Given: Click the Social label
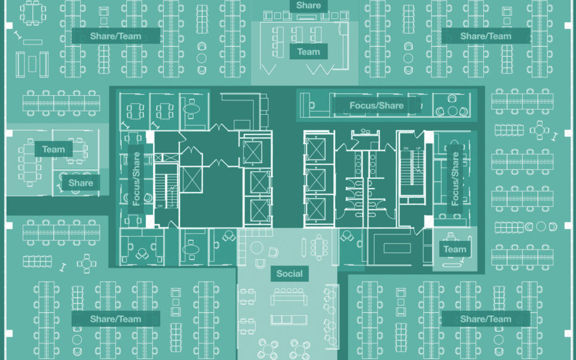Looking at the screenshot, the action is [x=289, y=273].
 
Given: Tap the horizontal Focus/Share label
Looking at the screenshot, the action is [x=376, y=105].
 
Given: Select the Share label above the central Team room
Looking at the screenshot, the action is [x=308, y=5].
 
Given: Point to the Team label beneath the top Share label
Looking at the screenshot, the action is [x=308, y=52].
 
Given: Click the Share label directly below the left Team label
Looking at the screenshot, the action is [x=81, y=183].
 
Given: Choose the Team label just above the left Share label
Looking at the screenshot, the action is [x=54, y=150].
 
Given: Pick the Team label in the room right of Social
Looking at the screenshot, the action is [x=455, y=249].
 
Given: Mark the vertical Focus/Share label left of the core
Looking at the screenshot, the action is [x=136, y=179].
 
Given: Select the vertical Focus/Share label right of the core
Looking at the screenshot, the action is [x=455, y=179].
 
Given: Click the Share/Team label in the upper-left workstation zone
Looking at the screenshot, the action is [x=116, y=36].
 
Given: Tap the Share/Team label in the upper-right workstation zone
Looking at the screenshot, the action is [x=486, y=36].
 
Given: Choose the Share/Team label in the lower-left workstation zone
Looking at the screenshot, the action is [x=116, y=319].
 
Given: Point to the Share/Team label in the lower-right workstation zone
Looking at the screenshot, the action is [x=486, y=319].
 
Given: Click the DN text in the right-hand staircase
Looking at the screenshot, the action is [x=406, y=148].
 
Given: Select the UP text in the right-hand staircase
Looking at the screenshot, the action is [x=418, y=148].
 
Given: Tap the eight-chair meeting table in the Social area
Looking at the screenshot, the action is [x=319, y=248].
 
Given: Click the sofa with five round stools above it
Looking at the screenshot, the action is [x=289, y=297].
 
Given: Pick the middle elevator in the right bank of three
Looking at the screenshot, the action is [x=316, y=180].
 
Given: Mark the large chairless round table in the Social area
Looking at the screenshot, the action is [x=256, y=247].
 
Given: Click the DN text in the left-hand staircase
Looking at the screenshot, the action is [x=160, y=206].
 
